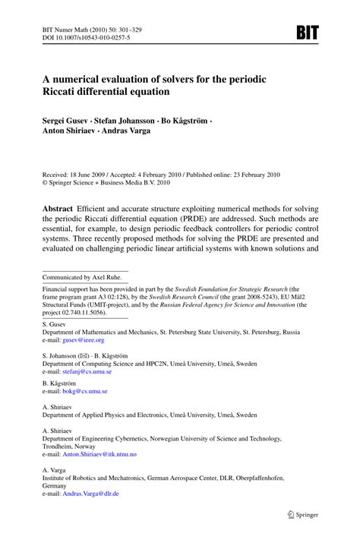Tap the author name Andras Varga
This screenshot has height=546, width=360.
tap(125, 130)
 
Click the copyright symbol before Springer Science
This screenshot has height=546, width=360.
tap(45, 183)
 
